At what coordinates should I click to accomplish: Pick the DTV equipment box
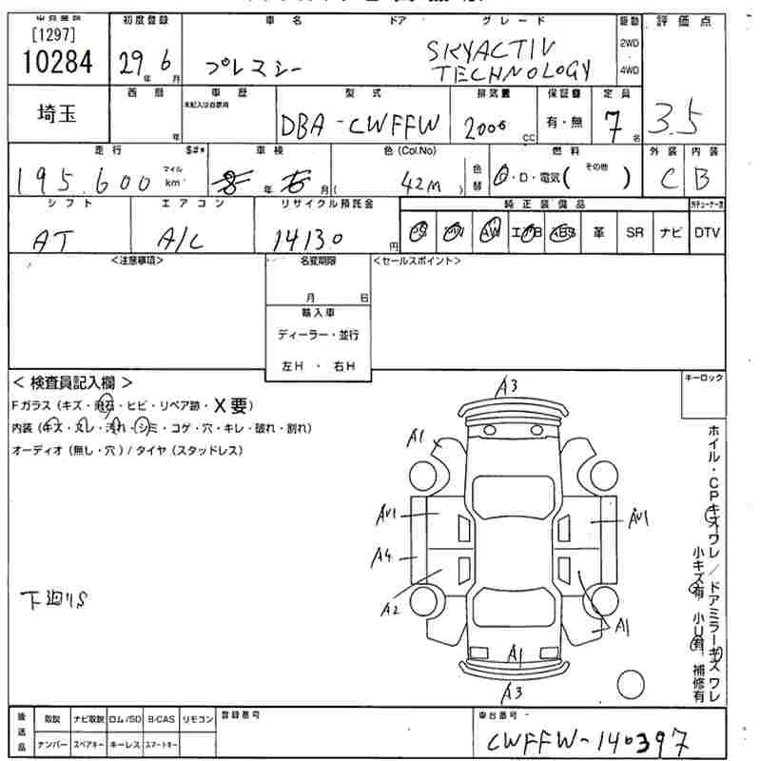tap(706, 232)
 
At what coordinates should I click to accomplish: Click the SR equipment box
tap(634, 232)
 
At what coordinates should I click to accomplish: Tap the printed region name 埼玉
tap(57, 112)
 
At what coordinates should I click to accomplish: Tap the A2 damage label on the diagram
tap(390, 609)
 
